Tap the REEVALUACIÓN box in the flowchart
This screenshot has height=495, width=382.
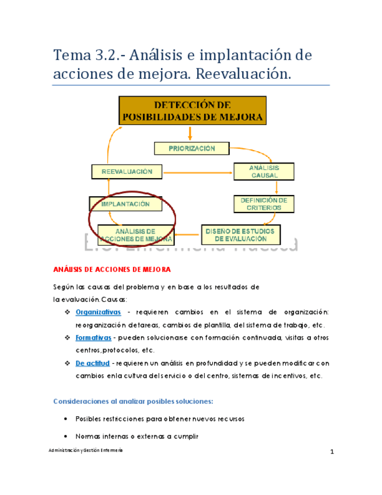coord(127,172)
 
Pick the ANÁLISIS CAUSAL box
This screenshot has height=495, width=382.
coord(264,172)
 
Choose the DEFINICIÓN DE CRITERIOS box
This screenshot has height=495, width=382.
coord(264,204)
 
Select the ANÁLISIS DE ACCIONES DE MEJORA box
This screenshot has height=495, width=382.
coord(136,235)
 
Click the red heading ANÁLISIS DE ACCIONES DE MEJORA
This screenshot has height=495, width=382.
coord(112,269)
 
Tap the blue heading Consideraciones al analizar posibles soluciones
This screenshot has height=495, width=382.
coord(133,401)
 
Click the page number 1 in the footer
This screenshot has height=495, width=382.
coord(331,453)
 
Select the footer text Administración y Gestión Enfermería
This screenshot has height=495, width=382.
coord(86,452)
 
